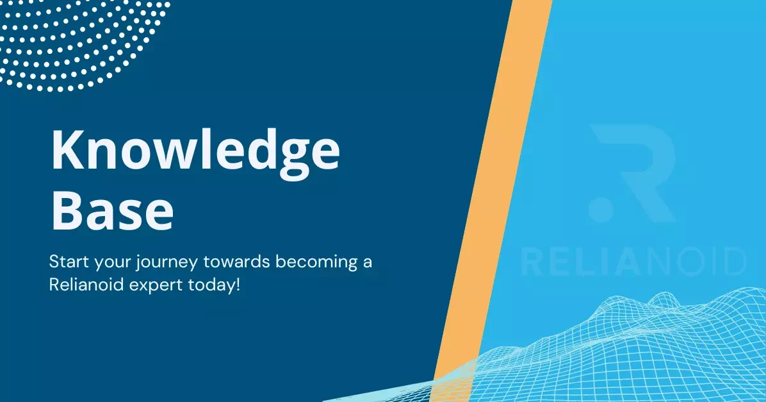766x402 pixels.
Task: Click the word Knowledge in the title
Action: [195, 151]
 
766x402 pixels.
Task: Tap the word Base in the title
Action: [112, 209]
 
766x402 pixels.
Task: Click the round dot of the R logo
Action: [601, 209]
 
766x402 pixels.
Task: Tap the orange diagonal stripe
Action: [493, 192]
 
